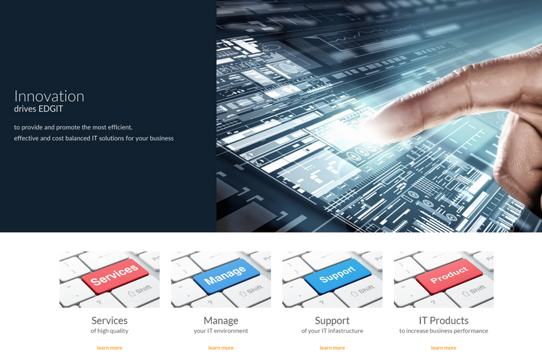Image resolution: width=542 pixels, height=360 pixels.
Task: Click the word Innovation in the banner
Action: click(x=49, y=96)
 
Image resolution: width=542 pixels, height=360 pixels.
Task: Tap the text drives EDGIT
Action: click(x=39, y=109)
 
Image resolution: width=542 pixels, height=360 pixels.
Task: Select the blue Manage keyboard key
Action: click(x=225, y=276)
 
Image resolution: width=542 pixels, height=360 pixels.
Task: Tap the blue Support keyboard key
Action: click(x=337, y=275)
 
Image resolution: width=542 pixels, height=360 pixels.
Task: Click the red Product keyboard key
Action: click(x=449, y=275)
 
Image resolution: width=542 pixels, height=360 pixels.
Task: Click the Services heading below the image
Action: click(x=109, y=320)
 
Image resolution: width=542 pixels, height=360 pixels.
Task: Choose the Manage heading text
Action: click(x=221, y=320)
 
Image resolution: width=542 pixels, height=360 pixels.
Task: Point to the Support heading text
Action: click(x=332, y=320)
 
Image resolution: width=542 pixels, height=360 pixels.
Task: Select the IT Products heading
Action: click(x=443, y=320)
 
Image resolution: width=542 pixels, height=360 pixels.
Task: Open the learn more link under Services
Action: click(x=109, y=348)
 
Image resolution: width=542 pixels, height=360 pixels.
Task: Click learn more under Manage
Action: click(x=221, y=348)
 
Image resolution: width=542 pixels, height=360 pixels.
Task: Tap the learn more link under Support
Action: click(x=332, y=348)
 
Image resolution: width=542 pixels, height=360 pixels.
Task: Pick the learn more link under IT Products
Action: click(x=443, y=348)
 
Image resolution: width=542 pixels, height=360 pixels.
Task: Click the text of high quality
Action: click(x=109, y=331)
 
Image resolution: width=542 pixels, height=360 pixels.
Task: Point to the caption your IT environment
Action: click(x=221, y=331)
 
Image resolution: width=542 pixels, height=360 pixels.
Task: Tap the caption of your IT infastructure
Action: click(x=332, y=331)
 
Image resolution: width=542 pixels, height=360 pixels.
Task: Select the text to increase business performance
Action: click(x=443, y=331)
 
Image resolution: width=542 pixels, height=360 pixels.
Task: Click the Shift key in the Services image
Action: click(x=141, y=290)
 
